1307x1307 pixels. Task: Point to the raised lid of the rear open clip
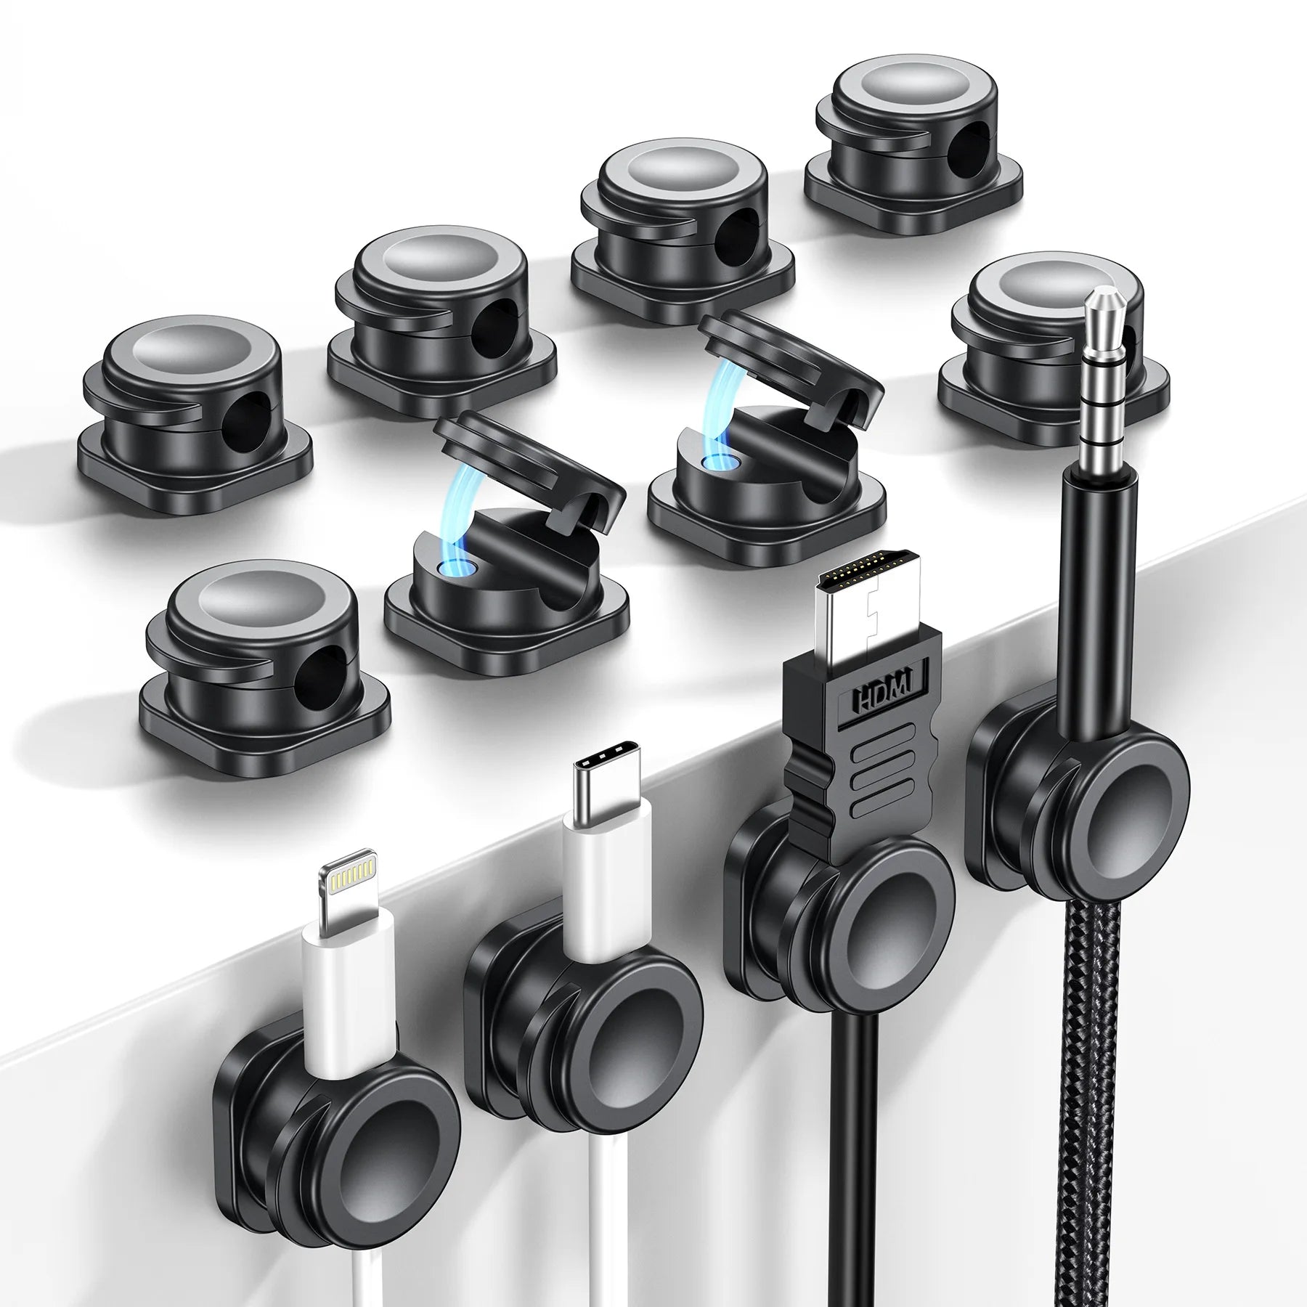[791, 359]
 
